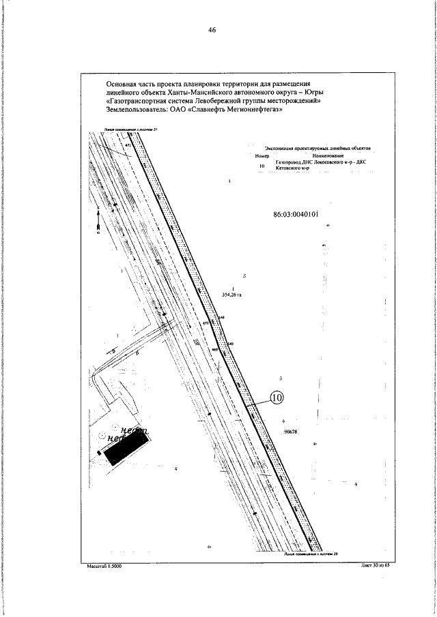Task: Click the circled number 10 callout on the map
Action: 277,398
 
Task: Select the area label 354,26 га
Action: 233,295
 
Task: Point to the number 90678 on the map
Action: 292,431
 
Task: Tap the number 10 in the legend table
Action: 262,164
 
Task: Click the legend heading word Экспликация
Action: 281,147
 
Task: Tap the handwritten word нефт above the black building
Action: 130,430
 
